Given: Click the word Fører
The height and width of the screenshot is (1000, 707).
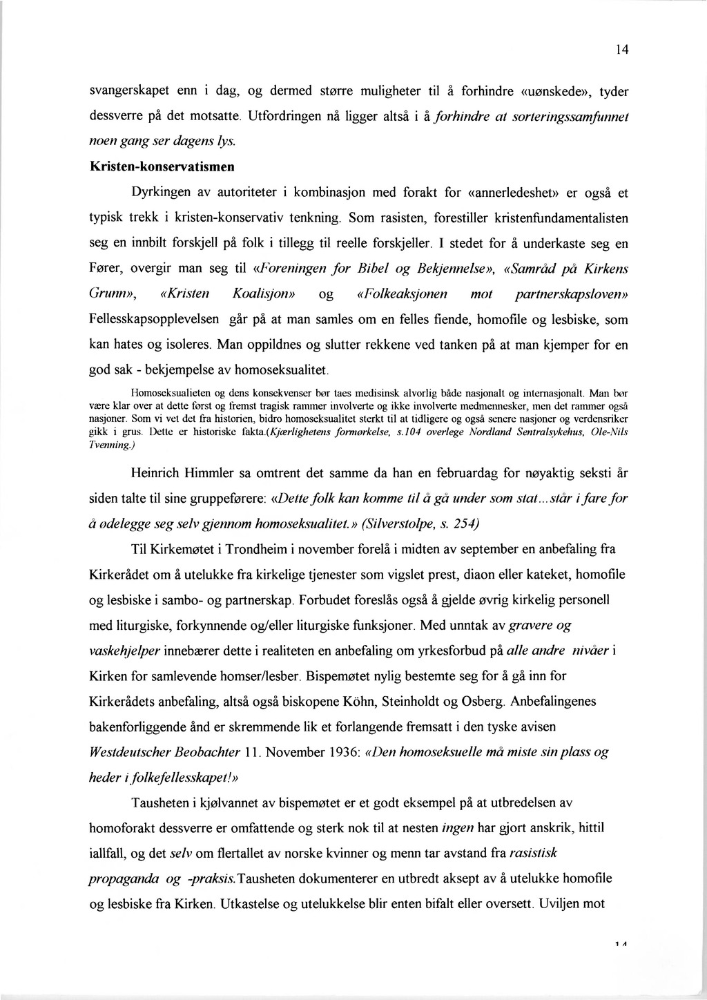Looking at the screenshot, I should [107, 268].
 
